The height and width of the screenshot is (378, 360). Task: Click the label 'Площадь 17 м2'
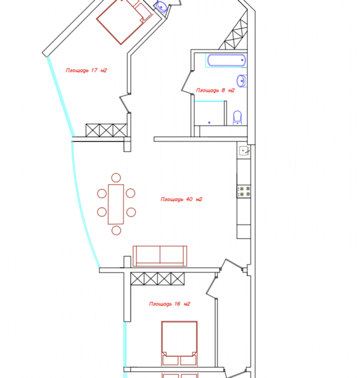point(86,70)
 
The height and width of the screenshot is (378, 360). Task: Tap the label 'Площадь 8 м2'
point(215,90)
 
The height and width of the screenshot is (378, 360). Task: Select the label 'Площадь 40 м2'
point(182,199)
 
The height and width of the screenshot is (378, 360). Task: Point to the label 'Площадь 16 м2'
point(169,304)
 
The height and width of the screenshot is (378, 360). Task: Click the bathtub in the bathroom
point(227,60)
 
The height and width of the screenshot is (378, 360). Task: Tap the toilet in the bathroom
point(238,118)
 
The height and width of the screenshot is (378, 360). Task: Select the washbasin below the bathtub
point(242,80)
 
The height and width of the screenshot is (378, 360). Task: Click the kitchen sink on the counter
point(244,151)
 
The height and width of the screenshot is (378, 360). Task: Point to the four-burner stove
point(244,191)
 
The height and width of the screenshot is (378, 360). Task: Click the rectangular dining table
point(116,204)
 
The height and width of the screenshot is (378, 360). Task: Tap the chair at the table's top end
point(116,177)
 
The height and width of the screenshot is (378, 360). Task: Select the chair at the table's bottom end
point(116,230)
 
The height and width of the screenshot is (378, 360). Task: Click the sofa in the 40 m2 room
point(160,256)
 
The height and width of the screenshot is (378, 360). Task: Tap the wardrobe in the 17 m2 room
point(106,130)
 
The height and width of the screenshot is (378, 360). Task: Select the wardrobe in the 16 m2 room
point(158,279)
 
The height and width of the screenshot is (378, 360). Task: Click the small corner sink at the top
point(161,6)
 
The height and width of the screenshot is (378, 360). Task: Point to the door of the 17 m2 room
point(125,103)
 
